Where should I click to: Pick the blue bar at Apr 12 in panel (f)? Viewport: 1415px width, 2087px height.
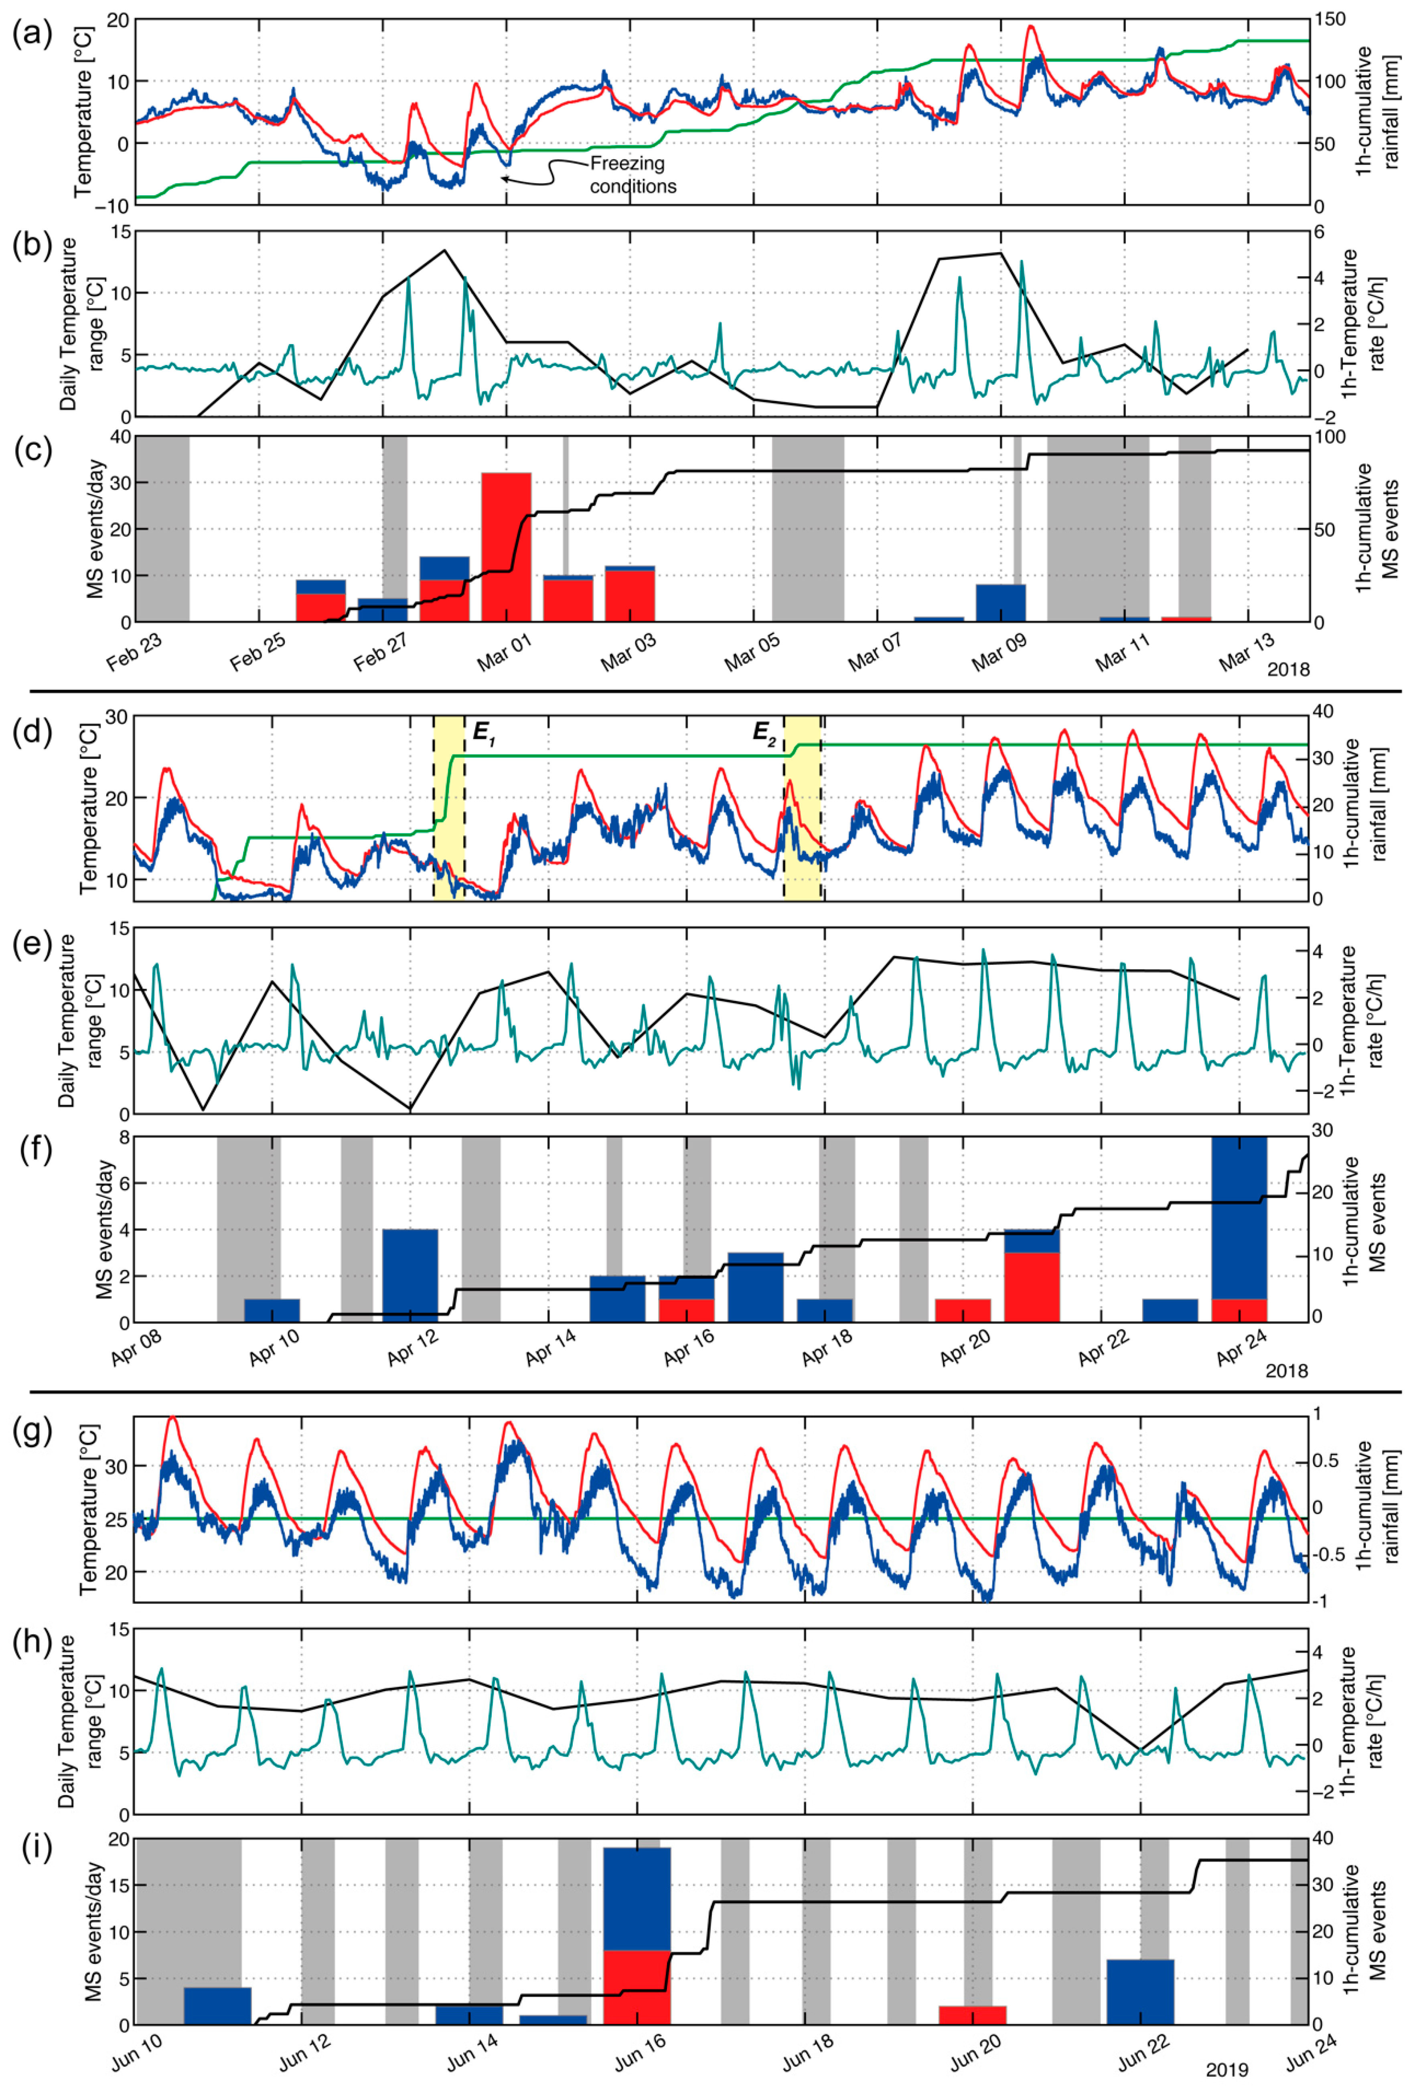tap(410, 1275)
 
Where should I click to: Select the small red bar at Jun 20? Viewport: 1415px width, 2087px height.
tap(972, 2014)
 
